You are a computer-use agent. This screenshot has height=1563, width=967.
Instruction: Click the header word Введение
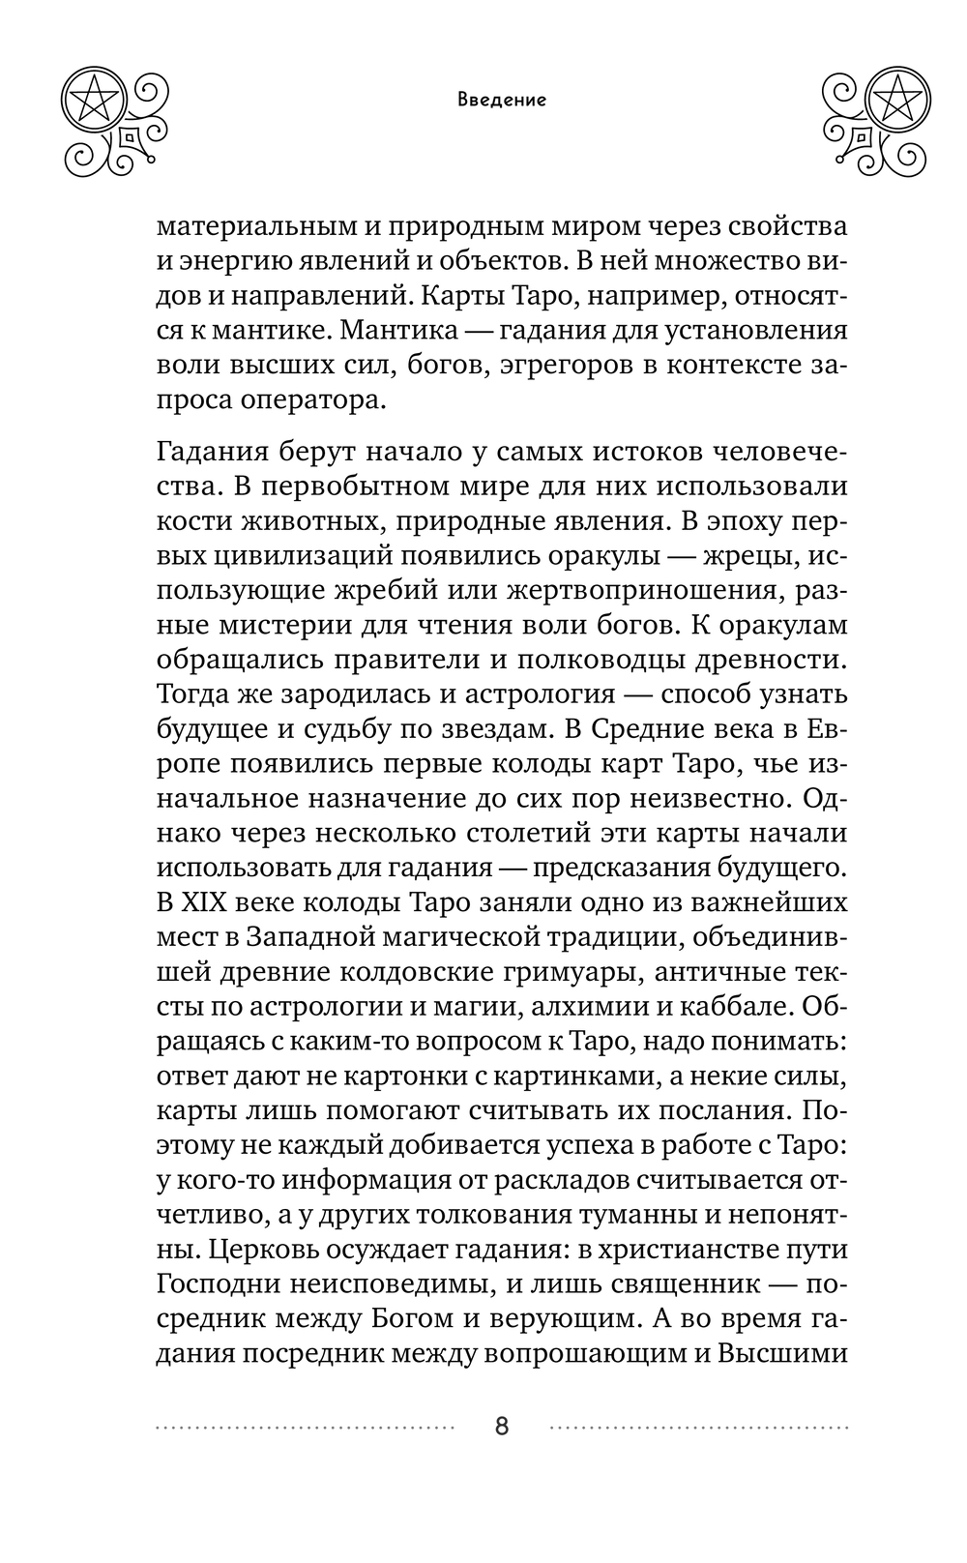[501, 100]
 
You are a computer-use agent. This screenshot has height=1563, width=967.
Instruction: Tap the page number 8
[501, 1426]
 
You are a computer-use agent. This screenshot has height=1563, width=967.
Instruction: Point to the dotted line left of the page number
[304, 1427]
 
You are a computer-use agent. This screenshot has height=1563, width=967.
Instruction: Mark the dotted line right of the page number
[698, 1427]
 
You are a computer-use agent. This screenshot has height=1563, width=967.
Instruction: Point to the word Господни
[216, 1284]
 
